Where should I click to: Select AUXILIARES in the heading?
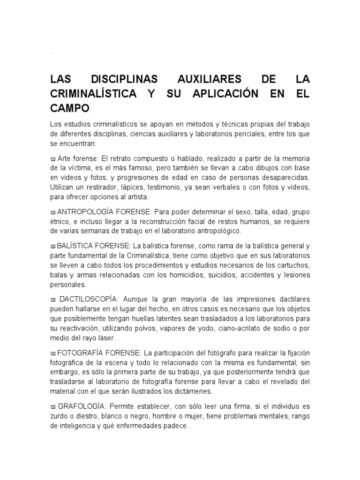tap(210, 79)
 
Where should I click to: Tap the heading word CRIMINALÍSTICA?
tap(93, 94)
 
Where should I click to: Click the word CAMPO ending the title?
tap(69, 108)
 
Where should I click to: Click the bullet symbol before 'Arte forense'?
tap(52, 159)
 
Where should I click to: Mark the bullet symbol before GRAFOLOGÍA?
tap(52, 406)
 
